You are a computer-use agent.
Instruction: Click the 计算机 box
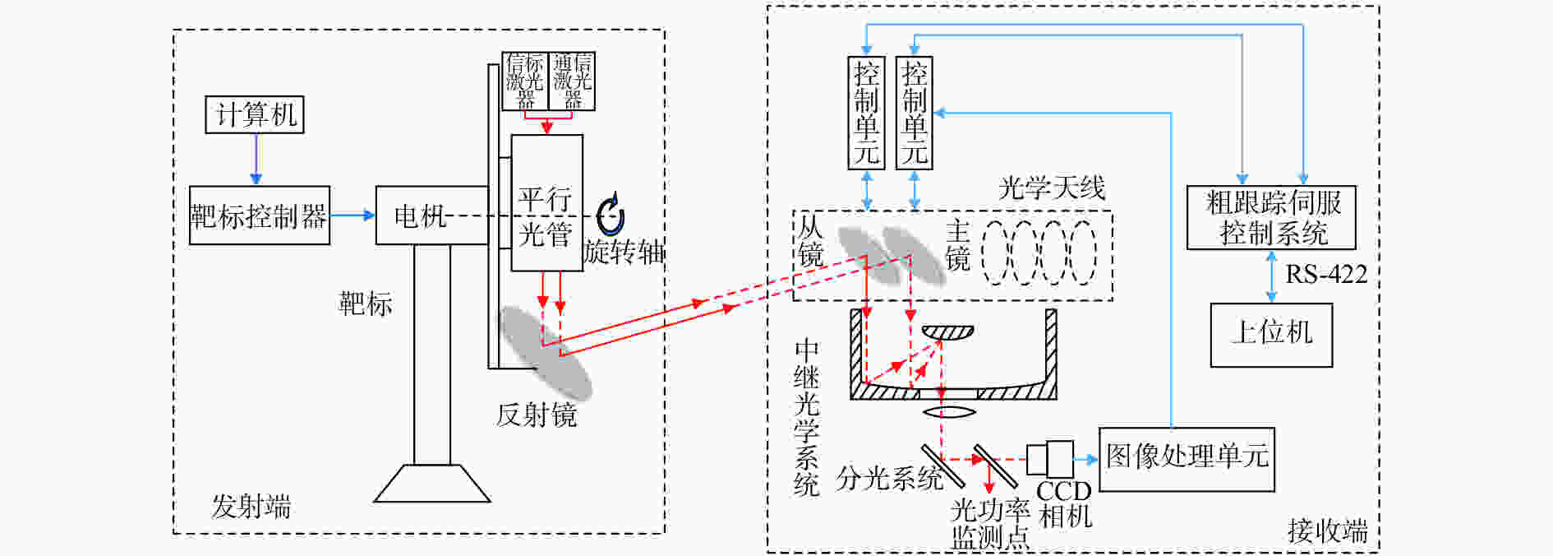click(x=255, y=114)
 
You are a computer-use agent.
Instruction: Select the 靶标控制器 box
click(x=260, y=215)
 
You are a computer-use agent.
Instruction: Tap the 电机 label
click(x=420, y=216)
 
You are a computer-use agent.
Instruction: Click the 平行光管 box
click(x=547, y=203)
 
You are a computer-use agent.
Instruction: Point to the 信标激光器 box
click(x=525, y=81)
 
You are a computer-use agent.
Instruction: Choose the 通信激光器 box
click(x=572, y=81)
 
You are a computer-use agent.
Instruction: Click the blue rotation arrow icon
click(x=610, y=215)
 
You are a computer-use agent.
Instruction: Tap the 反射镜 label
click(x=536, y=415)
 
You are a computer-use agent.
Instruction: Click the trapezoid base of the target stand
click(x=432, y=484)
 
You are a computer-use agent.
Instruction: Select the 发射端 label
click(x=251, y=507)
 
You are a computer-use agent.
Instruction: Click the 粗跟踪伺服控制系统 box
click(x=1271, y=218)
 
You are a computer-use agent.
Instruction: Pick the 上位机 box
click(x=1271, y=335)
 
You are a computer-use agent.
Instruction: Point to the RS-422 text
click(x=1326, y=274)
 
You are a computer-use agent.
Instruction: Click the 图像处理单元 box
click(x=1187, y=459)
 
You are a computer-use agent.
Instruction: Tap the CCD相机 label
click(x=1064, y=503)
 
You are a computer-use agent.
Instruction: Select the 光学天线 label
click(x=1052, y=188)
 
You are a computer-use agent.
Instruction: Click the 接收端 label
click(x=1328, y=531)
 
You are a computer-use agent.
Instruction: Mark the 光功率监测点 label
click(x=990, y=524)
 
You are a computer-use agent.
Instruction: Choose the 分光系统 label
click(x=889, y=478)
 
